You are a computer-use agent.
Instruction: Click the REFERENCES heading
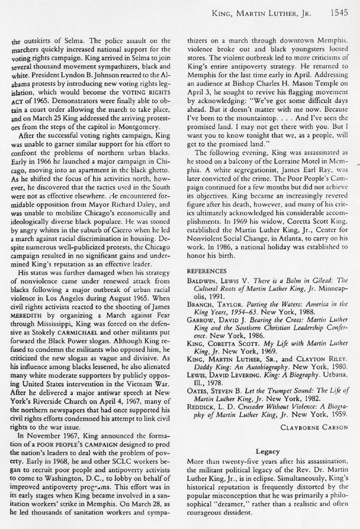pyautogui.click(x=205, y=272)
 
